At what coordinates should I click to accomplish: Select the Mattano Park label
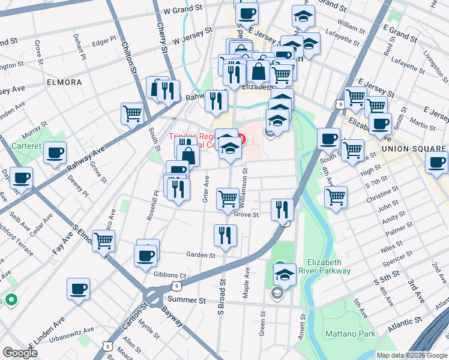350,334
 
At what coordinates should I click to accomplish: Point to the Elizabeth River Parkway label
328,266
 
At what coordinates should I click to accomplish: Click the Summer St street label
187,299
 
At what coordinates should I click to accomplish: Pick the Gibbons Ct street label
170,275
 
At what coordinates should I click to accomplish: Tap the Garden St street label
200,255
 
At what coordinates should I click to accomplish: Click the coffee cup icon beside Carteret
55,152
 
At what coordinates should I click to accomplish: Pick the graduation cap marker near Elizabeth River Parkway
285,274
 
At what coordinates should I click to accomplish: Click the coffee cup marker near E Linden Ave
78,289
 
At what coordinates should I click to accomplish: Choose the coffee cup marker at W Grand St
246,13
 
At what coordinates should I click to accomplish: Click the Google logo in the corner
20,353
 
